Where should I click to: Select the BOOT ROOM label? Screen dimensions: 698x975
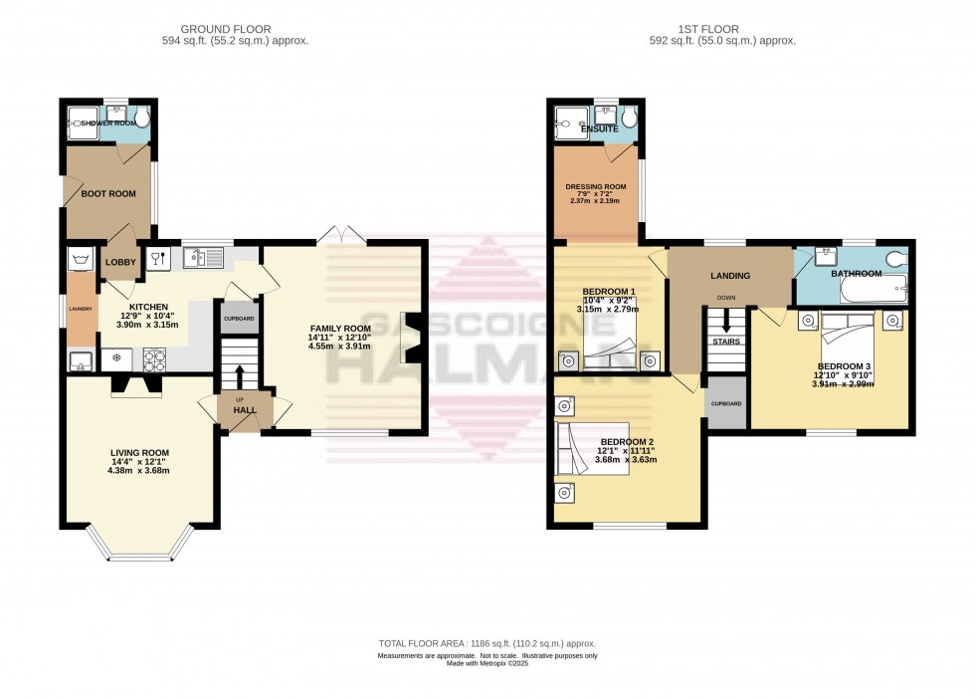(x=108, y=194)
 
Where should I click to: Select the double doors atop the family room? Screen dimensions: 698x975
(x=340, y=236)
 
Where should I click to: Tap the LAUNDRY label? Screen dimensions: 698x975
(x=81, y=309)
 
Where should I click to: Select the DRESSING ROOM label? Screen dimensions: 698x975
(x=595, y=186)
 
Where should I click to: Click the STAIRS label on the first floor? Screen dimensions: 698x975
(x=725, y=342)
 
